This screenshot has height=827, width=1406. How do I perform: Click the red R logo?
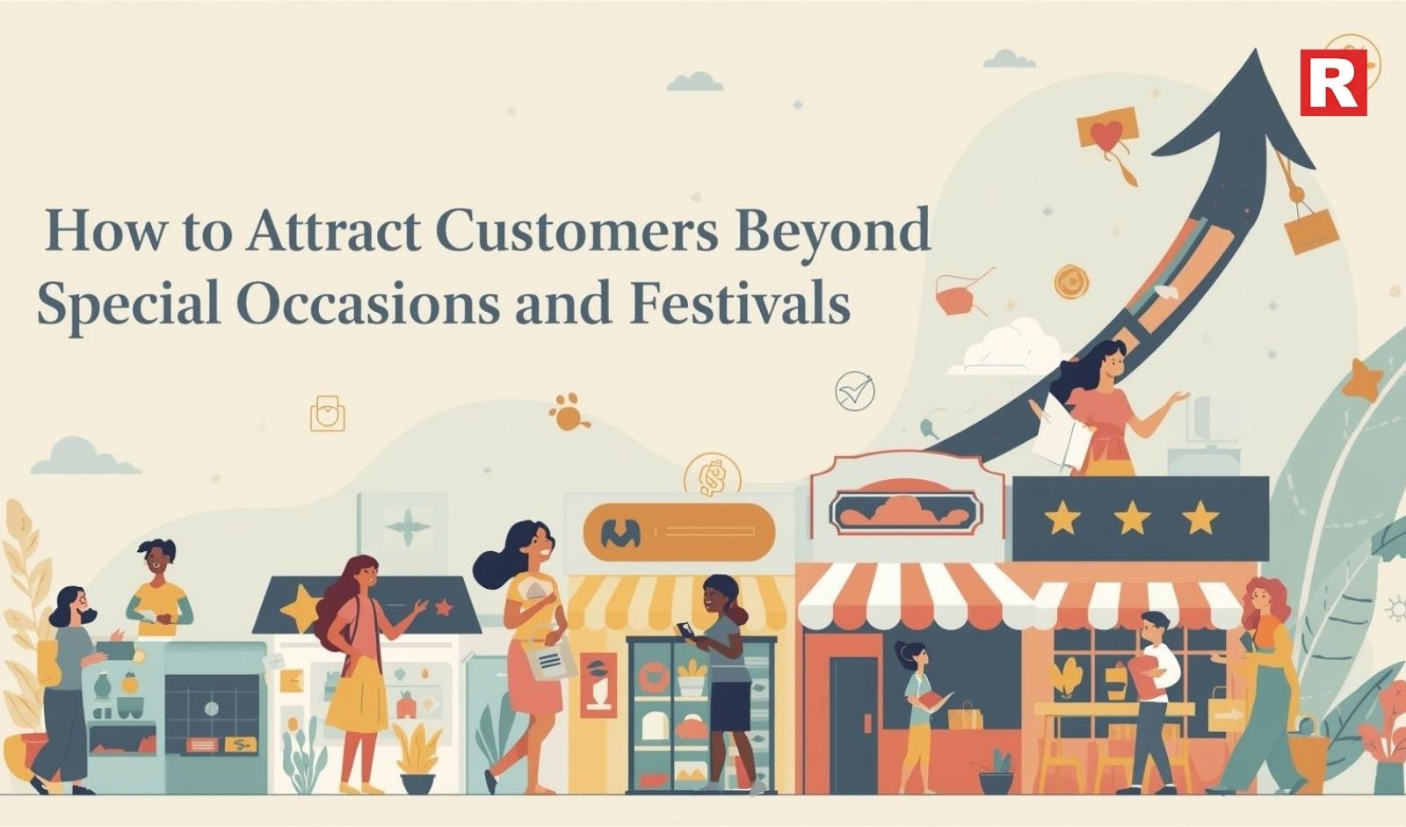1333,83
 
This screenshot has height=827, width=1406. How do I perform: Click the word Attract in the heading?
333,230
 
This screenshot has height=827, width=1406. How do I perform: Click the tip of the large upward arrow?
1256,50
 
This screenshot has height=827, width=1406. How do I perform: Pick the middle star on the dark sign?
1132,518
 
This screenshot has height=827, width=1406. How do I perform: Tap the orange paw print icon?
568,411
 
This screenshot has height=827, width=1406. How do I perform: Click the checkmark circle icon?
855,391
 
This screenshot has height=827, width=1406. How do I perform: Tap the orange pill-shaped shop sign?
679,532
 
